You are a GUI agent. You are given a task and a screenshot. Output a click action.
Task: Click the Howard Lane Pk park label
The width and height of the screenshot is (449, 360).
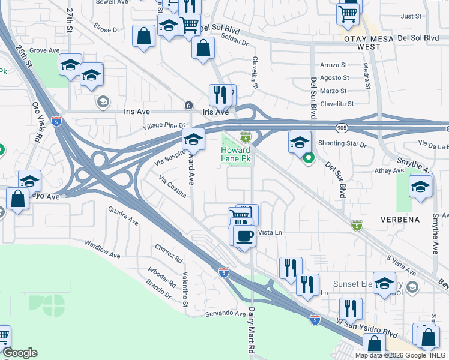coord(235,154)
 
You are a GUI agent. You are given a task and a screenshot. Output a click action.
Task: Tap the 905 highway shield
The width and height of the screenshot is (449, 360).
coord(342,128)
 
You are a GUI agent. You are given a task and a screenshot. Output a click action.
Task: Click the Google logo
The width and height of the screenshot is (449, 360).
coord(20,353)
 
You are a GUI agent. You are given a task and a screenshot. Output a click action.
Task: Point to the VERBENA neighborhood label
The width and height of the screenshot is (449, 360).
coord(400,220)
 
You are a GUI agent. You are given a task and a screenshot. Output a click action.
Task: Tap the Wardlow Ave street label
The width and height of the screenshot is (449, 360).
coord(103,249)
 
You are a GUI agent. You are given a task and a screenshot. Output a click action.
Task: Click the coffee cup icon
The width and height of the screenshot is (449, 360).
coord(244,236)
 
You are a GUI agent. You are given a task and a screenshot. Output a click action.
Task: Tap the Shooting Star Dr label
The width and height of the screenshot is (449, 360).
coord(342,143)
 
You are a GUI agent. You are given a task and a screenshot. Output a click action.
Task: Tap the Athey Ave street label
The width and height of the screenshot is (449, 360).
coord(390,171)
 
